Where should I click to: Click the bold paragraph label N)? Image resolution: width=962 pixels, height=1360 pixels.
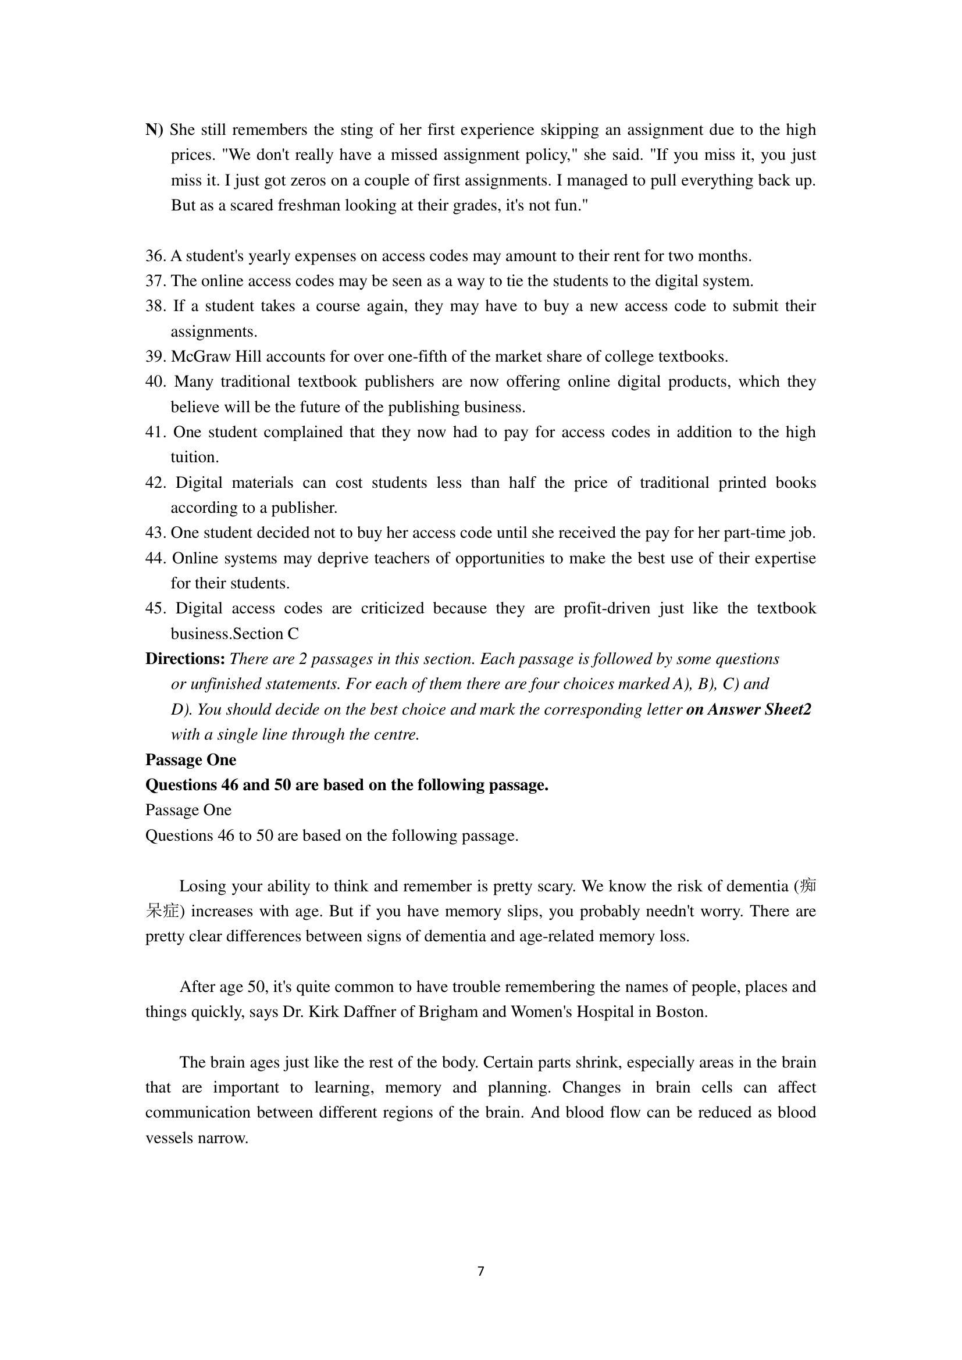pyautogui.click(x=154, y=130)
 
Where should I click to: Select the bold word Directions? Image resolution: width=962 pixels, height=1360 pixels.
pyautogui.click(x=186, y=659)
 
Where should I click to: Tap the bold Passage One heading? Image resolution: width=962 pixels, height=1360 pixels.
pyautogui.click(x=191, y=759)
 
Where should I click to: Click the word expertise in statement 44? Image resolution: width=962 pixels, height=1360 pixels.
pyautogui.click(x=783, y=558)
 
